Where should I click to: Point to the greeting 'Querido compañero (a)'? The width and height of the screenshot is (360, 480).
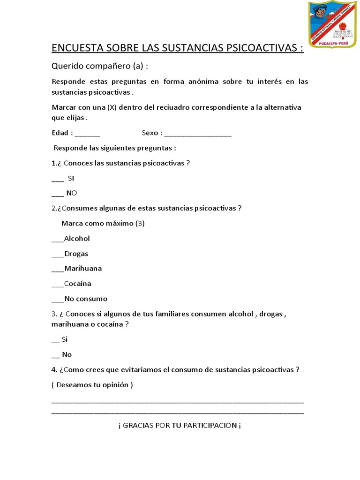pos(99,67)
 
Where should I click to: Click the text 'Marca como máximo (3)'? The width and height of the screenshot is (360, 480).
pos(103,223)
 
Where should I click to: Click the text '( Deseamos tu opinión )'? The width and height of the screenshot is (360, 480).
pos(92,385)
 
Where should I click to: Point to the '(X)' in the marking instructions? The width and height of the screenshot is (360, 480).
pos(112,107)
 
